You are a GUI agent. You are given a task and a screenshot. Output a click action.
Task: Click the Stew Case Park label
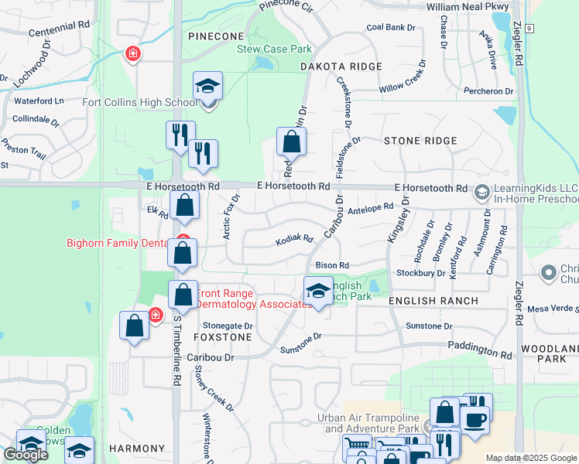[x=275, y=49]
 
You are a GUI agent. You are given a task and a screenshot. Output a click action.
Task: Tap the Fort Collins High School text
[x=140, y=102]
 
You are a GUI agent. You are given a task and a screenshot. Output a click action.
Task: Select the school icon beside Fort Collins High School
[x=207, y=87]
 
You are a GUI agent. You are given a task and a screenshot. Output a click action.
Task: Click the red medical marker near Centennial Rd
[x=133, y=53]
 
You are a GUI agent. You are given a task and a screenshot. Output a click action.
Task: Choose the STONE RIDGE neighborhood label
[x=420, y=141]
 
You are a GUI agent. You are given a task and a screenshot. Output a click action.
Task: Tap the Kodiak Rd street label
[x=294, y=241]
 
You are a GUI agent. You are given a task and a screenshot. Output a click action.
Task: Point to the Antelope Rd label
[x=372, y=210]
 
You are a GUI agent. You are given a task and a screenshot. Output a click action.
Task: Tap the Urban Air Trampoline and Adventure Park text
[x=368, y=423]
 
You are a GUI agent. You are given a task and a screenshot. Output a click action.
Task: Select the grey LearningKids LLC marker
[x=482, y=191]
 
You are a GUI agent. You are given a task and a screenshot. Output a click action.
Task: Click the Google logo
[x=26, y=455]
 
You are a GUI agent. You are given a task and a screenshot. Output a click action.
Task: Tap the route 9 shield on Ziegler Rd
[x=529, y=28]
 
